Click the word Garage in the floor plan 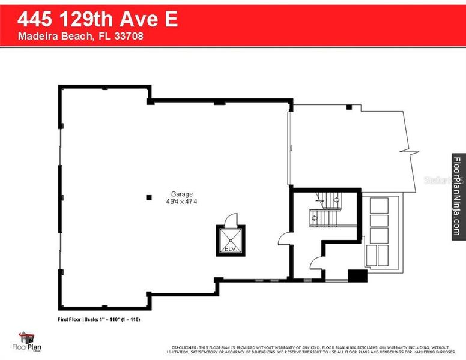[x=181, y=194]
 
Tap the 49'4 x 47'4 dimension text [x=181, y=202]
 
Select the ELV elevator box [x=231, y=232]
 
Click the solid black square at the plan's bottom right [x=358, y=275]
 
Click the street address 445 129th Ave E [x=97, y=19]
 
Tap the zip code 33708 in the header [x=129, y=36]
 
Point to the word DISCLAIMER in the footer [x=184, y=347]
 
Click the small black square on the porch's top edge [x=348, y=107]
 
